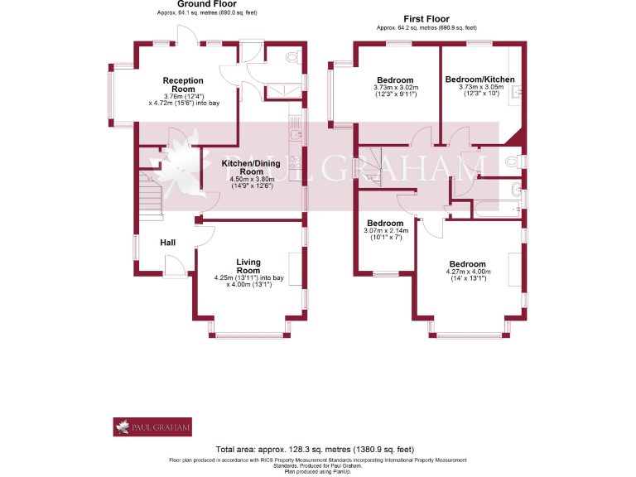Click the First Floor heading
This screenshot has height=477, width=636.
click(x=426, y=18)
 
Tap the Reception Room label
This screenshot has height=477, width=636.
click(x=183, y=84)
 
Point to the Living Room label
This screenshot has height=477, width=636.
click(x=248, y=266)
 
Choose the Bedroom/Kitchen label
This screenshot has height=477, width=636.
click(x=479, y=79)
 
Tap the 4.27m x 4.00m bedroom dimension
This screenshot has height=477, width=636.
click(x=468, y=272)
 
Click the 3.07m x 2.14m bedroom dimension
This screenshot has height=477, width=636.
click(x=385, y=231)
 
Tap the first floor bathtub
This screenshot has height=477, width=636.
click(x=495, y=209)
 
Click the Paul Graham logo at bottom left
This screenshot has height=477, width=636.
click(x=152, y=426)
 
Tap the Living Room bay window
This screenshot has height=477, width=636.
click(x=249, y=334)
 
